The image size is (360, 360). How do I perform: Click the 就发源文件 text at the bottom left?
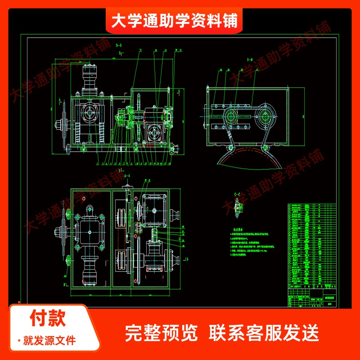(x=49, y=340)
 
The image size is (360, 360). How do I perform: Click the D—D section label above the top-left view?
(x=119, y=45)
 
